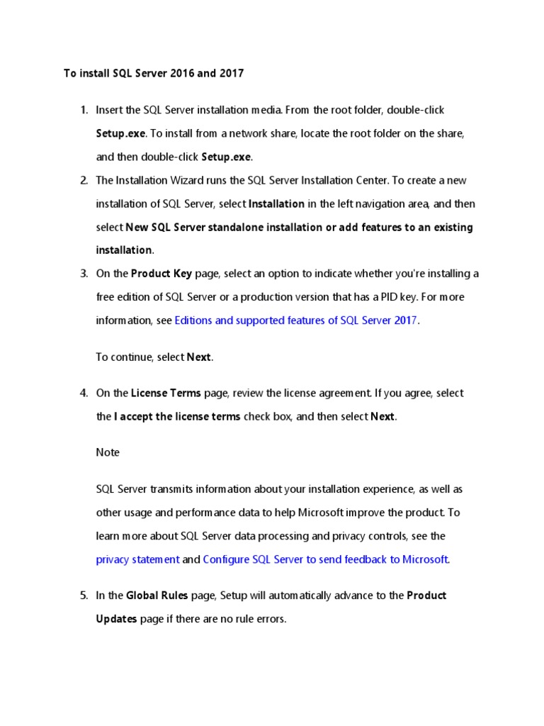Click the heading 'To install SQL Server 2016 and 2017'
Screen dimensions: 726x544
click(154, 73)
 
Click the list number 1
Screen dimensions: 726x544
click(84, 110)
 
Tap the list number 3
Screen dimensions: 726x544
click(84, 273)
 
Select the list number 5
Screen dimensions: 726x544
click(84, 596)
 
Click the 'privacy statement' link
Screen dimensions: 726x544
click(137, 559)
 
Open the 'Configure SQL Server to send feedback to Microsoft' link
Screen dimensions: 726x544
click(326, 559)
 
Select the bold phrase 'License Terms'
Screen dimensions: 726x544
click(166, 393)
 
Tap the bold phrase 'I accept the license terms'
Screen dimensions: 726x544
click(177, 416)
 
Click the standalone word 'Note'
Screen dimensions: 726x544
click(108, 452)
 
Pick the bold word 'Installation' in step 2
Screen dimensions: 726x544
click(276, 203)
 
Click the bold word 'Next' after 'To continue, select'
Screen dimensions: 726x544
click(198, 357)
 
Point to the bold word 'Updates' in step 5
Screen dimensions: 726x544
click(116, 619)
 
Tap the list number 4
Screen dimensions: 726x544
click(84, 393)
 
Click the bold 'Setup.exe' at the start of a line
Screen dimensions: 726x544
click(120, 133)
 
